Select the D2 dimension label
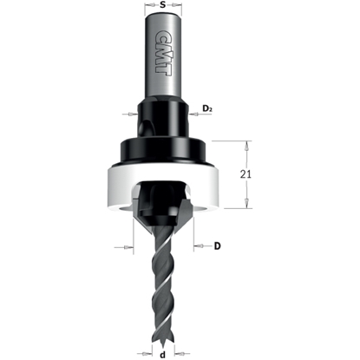point(207,108)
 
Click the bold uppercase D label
point(218,246)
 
